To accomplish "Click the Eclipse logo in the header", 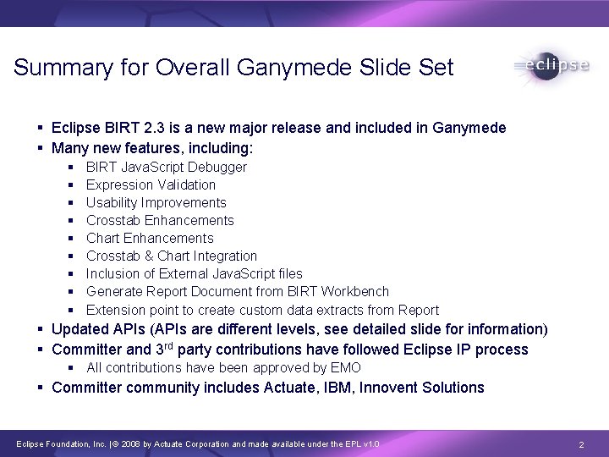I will click(x=551, y=67).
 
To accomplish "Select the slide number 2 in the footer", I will click(x=581, y=444).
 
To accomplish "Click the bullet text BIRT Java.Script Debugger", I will click(x=167, y=167).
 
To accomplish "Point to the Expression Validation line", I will click(x=151, y=184).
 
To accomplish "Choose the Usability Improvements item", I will click(x=156, y=202).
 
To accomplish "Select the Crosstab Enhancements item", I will click(x=160, y=220).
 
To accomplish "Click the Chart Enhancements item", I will click(x=150, y=238).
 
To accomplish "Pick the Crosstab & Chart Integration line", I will click(x=172, y=256).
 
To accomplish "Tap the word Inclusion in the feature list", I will click(x=112, y=273).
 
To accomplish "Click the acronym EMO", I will click(x=346, y=367).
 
